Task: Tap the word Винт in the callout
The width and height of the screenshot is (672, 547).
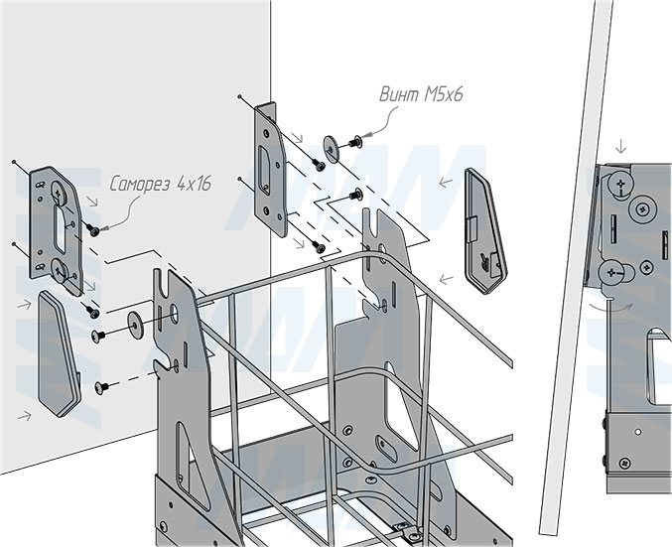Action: [400, 96]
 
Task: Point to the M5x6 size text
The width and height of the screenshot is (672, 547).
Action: [443, 96]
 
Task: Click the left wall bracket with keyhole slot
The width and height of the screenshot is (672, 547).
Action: [57, 229]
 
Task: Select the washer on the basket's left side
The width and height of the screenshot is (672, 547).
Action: [133, 322]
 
